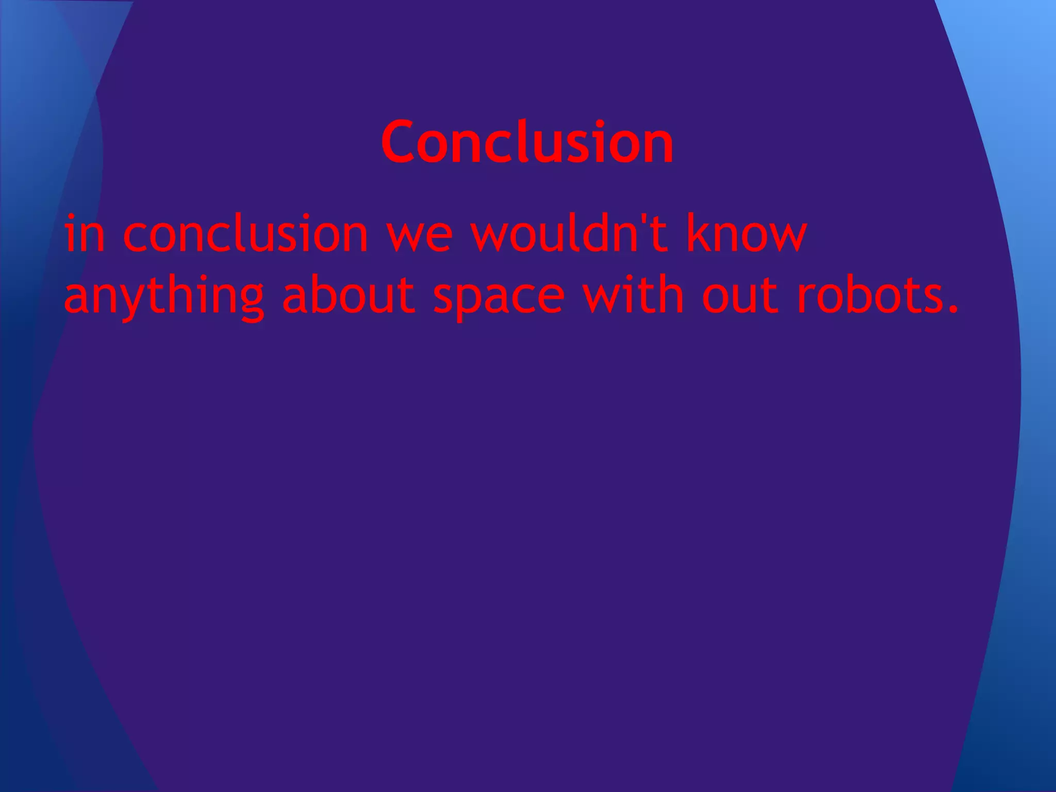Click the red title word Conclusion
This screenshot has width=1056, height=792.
(x=527, y=142)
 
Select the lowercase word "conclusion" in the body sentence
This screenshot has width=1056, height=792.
(x=245, y=234)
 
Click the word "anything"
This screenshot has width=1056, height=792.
(x=164, y=297)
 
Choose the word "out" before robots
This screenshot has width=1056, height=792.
(x=740, y=296)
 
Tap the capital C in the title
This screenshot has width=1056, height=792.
(x=400, y=142)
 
